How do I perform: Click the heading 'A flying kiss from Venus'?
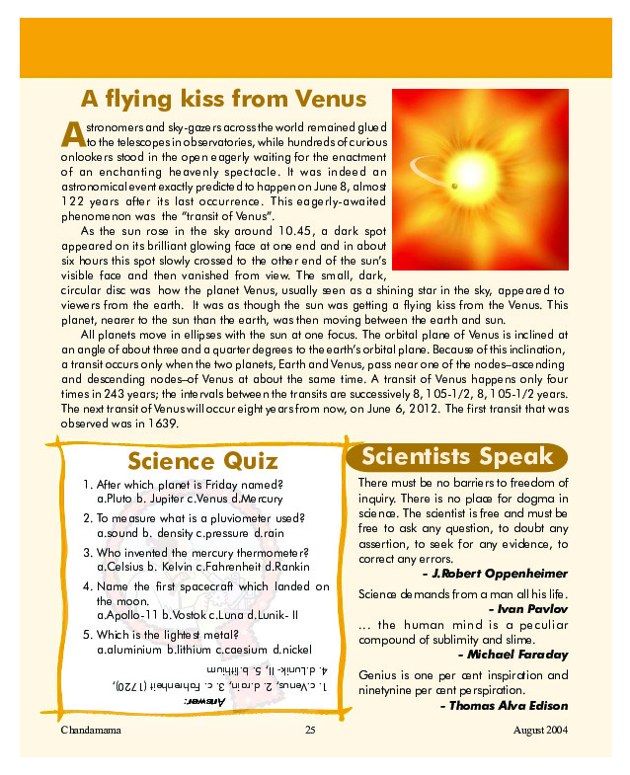[223, 100]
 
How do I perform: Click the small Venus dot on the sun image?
[454, 187]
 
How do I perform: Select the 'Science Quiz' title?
[202, 461]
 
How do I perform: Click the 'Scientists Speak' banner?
[457, 456]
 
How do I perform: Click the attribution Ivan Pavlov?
[534, 610]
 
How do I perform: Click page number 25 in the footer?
[309, 731]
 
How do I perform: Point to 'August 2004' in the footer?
[540, 731]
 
